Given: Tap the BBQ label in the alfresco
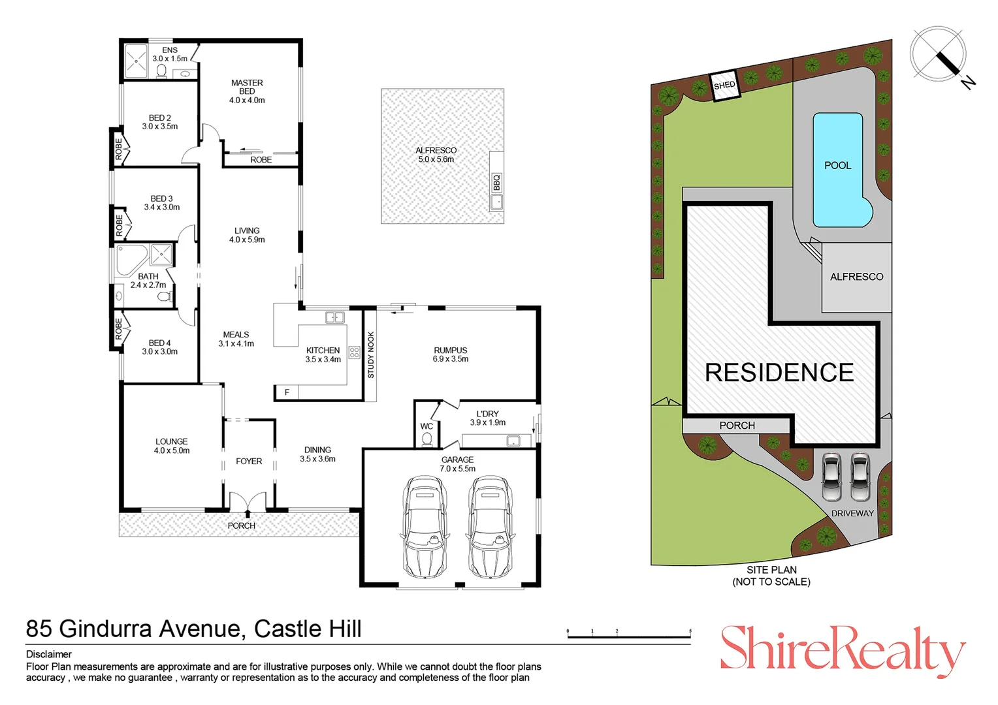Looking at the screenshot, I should (496, 182).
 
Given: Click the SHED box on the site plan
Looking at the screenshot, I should (724, 86).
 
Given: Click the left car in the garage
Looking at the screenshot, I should (425, 526).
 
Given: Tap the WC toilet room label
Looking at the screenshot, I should (427, 426).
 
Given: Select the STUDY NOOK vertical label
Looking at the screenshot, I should (371, 355).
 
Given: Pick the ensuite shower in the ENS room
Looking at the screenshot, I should (137, 61).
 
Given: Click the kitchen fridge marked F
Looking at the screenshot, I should (287, 392).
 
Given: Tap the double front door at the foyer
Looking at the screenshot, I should (248, 502).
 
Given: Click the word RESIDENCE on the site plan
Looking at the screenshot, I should (779, 373).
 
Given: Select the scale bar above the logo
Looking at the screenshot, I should (628, 634).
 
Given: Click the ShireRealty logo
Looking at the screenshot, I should (842, 650).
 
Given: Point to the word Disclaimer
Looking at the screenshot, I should (49, 654).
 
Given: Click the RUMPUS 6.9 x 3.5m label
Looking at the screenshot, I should (450, 354).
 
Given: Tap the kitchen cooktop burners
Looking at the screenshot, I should (354, 352).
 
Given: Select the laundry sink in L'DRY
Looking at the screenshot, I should (514, 441).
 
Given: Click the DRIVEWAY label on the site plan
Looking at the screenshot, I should (852, 513).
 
